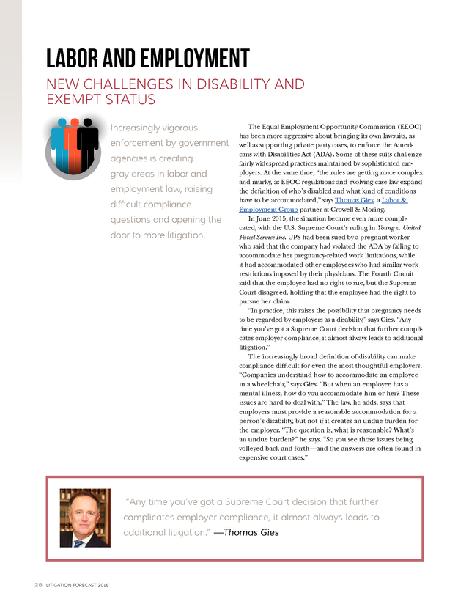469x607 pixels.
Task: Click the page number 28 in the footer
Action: coord(37,584)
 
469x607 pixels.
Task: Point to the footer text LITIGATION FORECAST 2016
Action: coord(77,584)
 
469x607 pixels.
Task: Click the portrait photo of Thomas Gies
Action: coord(85,518)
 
